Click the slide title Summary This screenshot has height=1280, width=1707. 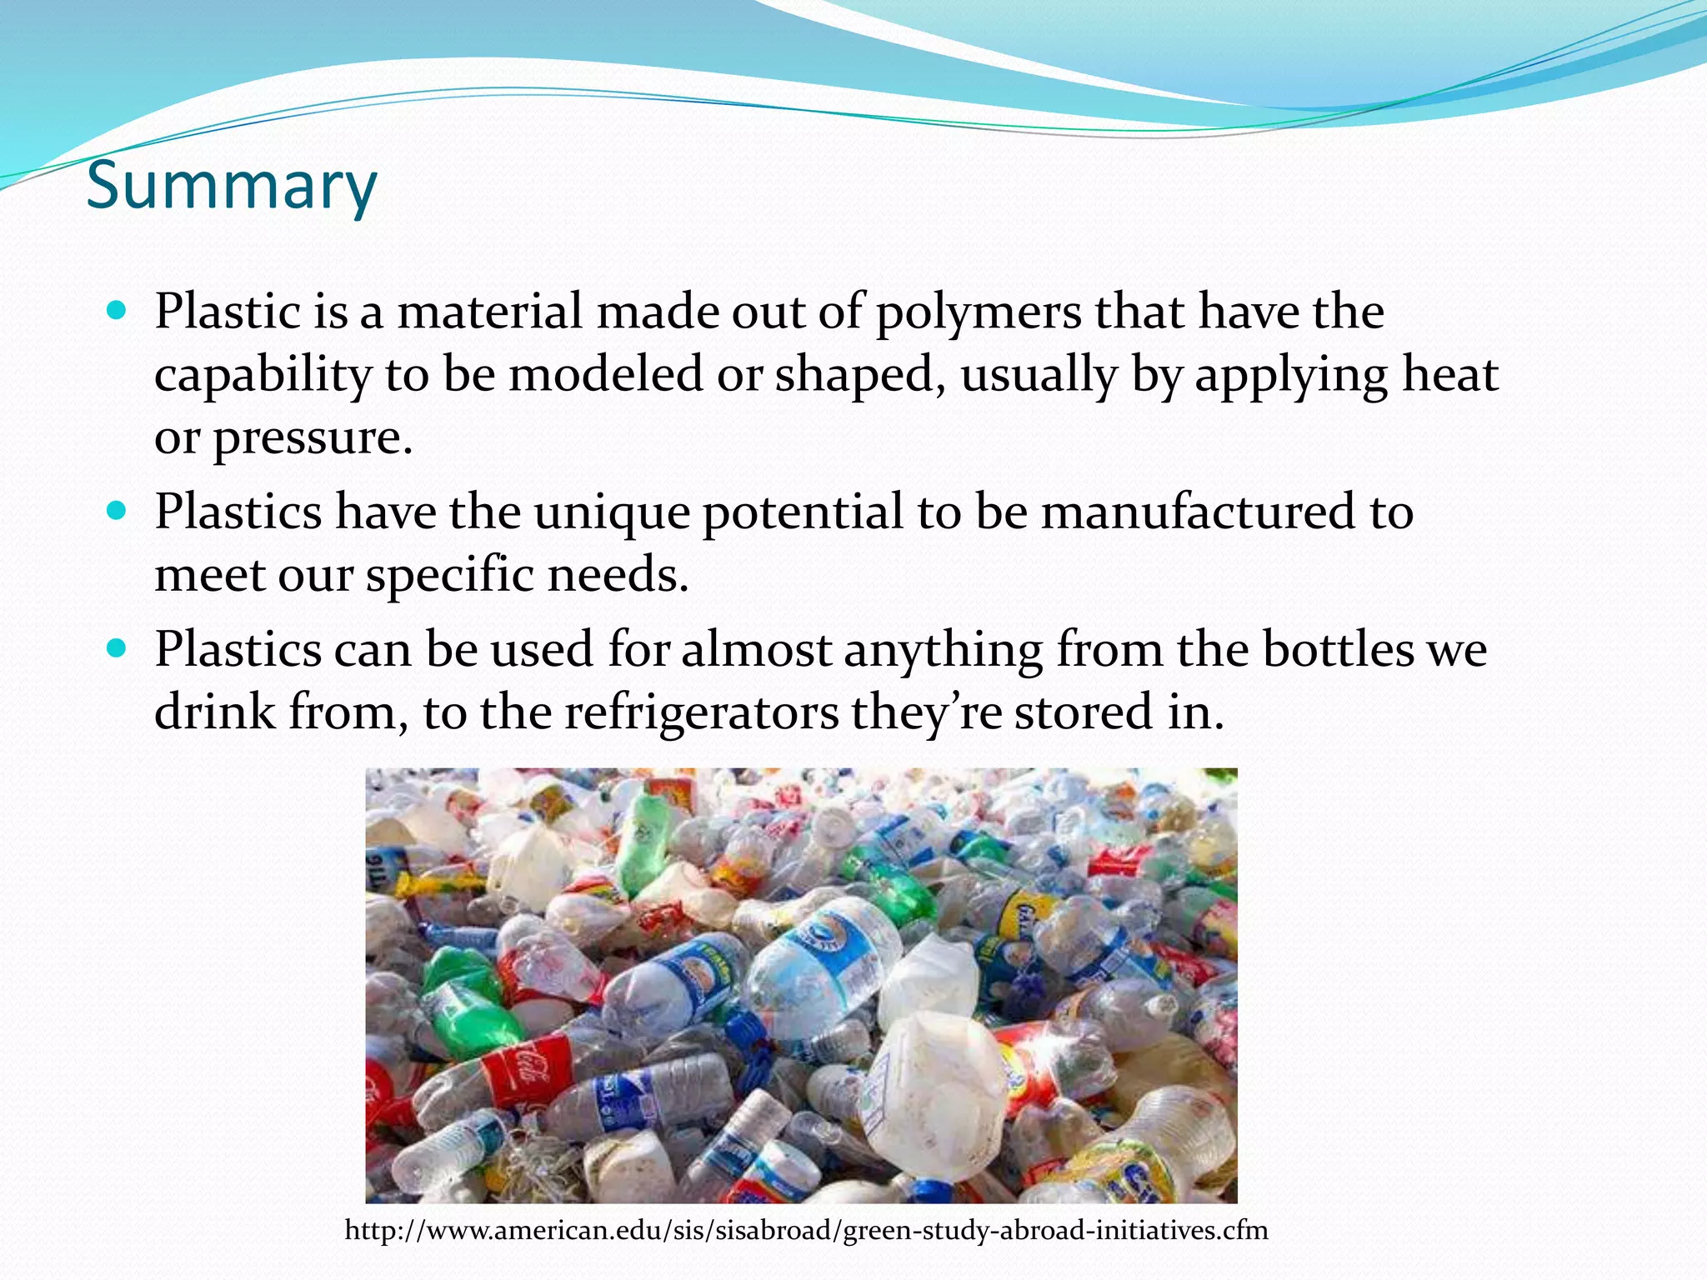point(232,185)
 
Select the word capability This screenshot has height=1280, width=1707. point(263,376)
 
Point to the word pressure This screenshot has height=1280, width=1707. point(313,438)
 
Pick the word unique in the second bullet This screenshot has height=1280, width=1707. point(612,513)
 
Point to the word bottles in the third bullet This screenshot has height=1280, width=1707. point(1338,650)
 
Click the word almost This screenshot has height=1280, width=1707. point(756,650)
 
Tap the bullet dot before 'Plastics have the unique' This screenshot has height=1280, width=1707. point(118,511)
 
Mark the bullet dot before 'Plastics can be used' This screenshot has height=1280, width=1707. point(118,648)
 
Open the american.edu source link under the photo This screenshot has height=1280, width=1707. point(806,1230)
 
